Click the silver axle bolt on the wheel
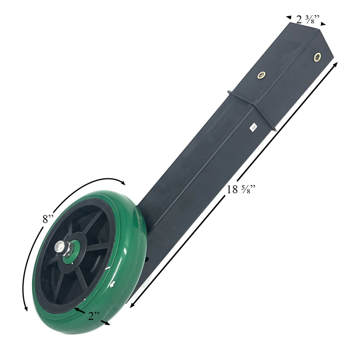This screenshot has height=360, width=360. pos(60,247)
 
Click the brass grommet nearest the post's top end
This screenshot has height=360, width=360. pos(318,57)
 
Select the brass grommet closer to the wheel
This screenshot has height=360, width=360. pos(261,75)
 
